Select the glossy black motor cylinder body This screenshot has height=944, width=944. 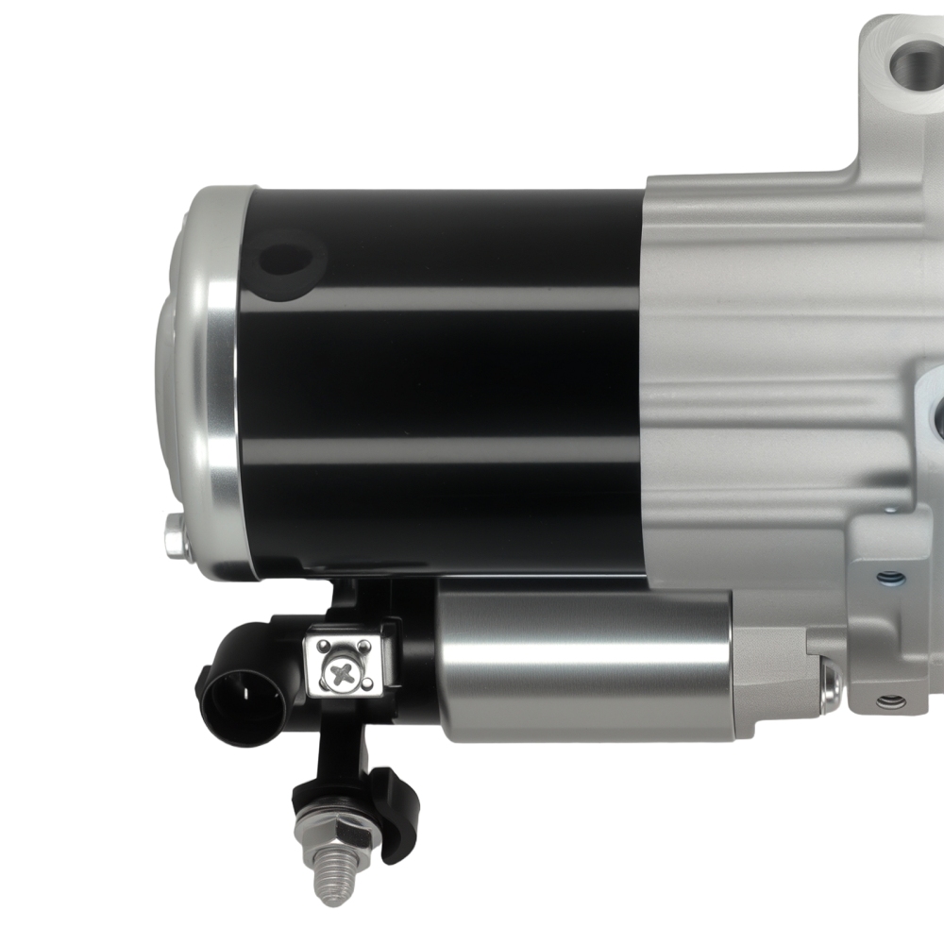[444, 378]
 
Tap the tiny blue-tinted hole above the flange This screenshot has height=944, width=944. [889, 510]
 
